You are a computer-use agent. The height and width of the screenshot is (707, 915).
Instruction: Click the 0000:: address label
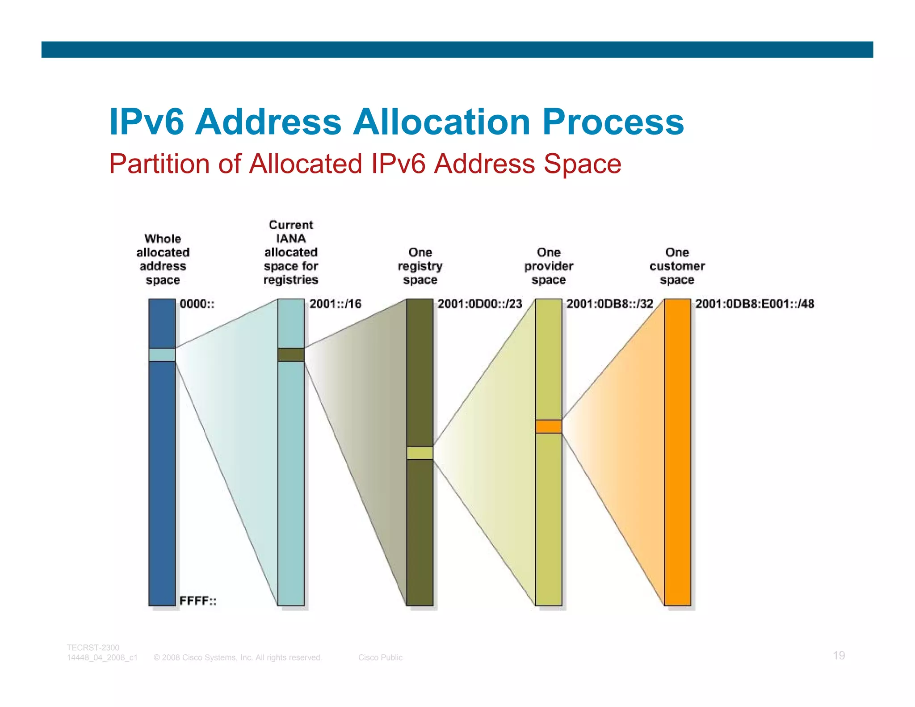click(197, 304)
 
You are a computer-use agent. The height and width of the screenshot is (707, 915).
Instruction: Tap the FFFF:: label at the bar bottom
click(198, 601)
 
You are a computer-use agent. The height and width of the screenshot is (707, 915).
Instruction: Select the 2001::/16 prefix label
click(335, 304)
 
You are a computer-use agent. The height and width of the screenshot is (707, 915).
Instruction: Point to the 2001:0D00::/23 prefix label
click(480, 304)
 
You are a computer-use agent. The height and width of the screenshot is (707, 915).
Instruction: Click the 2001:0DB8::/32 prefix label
click(609, 304)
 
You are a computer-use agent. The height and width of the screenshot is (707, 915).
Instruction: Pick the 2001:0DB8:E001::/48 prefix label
click(755, 304)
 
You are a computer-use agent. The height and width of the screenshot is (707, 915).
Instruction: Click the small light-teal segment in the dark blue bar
click(162, 355)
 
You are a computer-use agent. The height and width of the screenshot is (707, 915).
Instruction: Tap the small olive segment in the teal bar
click(291, 355)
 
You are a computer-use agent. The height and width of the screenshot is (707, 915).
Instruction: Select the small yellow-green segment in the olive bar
click(420, 453)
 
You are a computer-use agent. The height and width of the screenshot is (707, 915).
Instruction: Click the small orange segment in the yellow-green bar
click(549, 426)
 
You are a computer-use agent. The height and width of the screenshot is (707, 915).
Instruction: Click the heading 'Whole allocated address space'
click(163, 259)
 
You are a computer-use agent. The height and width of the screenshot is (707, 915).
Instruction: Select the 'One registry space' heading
click(420, 266)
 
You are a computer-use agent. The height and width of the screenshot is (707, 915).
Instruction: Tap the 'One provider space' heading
click(549, 266)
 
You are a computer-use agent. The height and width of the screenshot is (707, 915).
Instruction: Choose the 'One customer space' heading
click(677, 266)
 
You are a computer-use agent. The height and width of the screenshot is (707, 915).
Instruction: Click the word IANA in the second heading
click(291, 239)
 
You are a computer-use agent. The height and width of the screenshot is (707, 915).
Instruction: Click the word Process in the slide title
click(613, 122)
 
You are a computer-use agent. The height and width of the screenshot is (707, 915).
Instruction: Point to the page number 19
click(839, 656)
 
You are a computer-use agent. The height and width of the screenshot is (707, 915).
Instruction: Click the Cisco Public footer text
click(380, 657)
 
